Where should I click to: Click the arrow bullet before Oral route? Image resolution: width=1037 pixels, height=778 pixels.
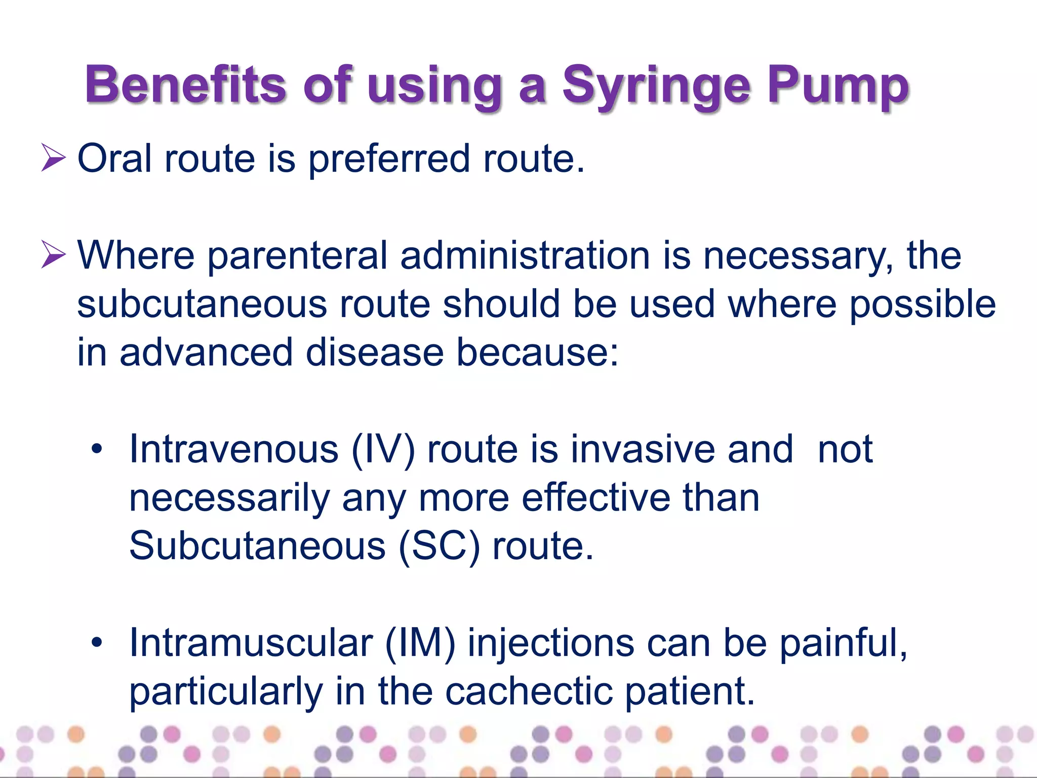tap(53, 158)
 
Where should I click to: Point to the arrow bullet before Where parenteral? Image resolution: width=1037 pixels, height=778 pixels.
tap(53, 254)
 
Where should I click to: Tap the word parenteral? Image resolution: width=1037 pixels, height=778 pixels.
tap(297, 256)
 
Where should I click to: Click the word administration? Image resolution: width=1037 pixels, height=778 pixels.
tap(525, 255)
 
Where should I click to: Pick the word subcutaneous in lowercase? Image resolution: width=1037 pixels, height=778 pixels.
tap(202, 304)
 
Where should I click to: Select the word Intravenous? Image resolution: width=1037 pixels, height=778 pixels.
tap(233, 449)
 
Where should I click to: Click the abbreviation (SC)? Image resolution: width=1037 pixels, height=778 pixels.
tap(439, 546)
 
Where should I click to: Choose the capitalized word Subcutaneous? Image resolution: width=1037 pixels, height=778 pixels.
tap(257, 546)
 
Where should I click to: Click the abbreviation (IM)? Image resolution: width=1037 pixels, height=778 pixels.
tap(420, 643)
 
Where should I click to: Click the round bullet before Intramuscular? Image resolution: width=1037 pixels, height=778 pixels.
tap(97, 643)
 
